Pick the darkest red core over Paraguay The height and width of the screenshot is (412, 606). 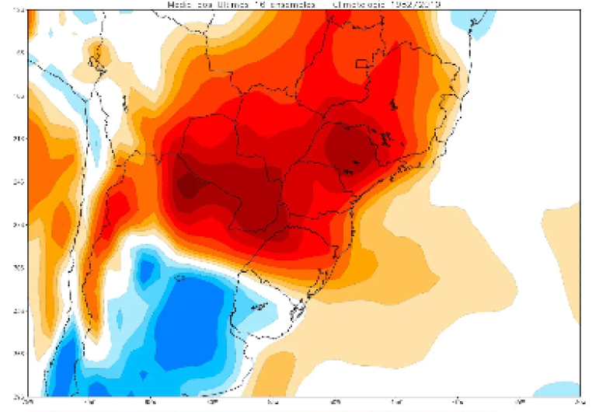(189, 186)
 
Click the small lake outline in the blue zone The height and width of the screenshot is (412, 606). (179, 277)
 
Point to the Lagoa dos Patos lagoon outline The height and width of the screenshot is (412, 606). (298, 311)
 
